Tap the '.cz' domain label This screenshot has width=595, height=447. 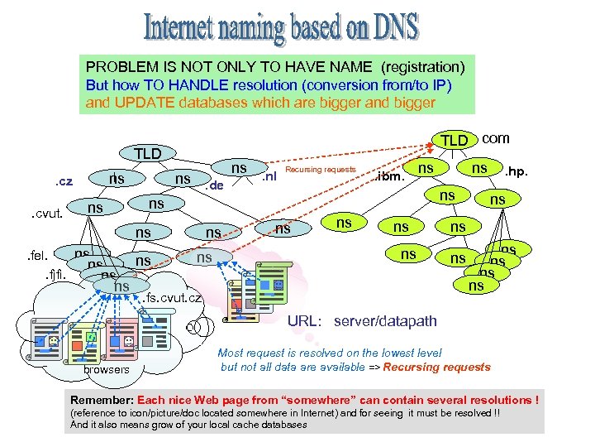click(x=64, y=181)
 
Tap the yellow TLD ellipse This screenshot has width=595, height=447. click(x=454, y=141)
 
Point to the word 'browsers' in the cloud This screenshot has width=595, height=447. click(x=107, y=369)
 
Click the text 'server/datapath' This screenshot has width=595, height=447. click(x=386, y=320)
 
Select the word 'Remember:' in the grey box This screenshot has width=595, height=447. click(x=102, y=400)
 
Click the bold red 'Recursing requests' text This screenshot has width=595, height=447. click(x=437, y=367)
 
